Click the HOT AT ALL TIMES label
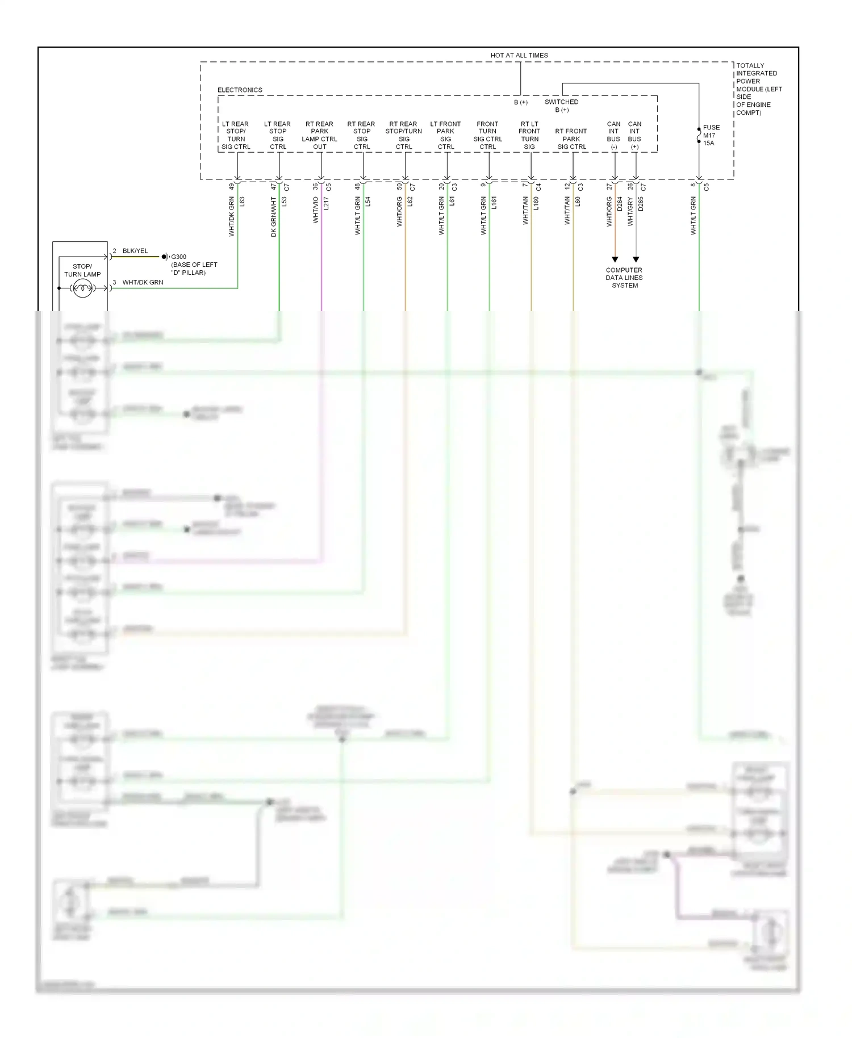(x=519, y=55)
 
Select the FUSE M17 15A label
(x=711, y=135)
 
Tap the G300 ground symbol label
(x=178, y=257)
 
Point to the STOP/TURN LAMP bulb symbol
(x=82, y=288)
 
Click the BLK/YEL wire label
(x=135, y=250)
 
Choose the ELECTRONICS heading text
(x=240, y=90)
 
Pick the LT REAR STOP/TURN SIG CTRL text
(x=236, y=135)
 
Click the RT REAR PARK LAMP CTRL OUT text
(x=320, y=135)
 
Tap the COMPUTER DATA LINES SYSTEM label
(x=624, y=278)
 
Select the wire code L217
(x=326, y=203)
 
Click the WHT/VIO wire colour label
(x=316, y=210)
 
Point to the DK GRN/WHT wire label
(x=274, y=217)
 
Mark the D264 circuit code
(x=620, y=203)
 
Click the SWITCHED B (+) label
(x=561, y=106)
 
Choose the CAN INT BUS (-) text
(x=613, y=135)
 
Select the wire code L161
(x=494, y=203)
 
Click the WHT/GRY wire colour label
(x=630, y=212)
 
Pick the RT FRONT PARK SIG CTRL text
(x=571, y=139)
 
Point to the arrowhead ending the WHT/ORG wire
(x=615, y=259)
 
